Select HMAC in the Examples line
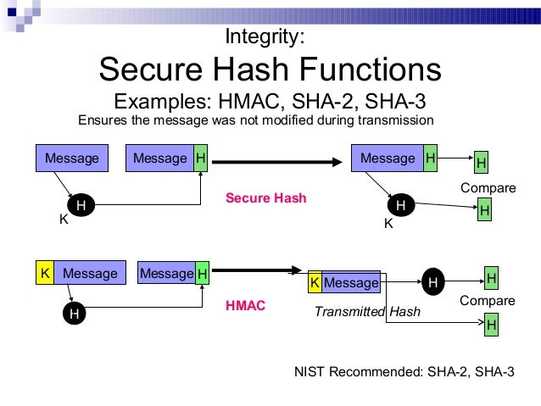pyautogui.click(x=250, y=102)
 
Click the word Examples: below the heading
pyautogui.click(x=162, y=102)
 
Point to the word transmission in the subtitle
pyautogui.click(x=393, y=120)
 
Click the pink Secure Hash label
pyautogui.click(x=265, y=198)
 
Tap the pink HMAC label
pyautogui.click(x=245, y=305)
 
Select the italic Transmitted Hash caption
pyautogui.click(x=366, y=312)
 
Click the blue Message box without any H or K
pyautogui.click(x=72, y=159)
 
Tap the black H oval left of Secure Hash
pyautogui.click(x=81, y=205)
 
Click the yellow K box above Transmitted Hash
pyautogui.click(x=315, y=283)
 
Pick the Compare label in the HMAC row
pyautogui.click(x=488, y=301)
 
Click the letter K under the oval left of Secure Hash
pyautogui.click(x=63, y=220)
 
